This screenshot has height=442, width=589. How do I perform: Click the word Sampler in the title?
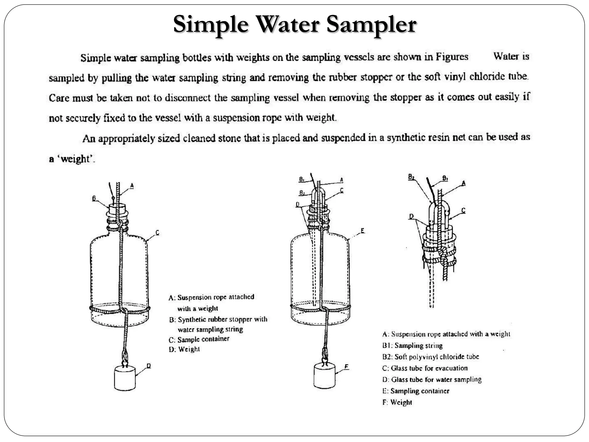pos(371,24)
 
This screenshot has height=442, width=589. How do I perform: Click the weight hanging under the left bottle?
pos(125,378)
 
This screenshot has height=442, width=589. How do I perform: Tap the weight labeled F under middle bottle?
pos(324,376)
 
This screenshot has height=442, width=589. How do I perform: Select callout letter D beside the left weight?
pos(149,366)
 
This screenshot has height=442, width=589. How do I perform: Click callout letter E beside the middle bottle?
pos(362,230)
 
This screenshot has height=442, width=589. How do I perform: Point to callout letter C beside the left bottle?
pos(157,233)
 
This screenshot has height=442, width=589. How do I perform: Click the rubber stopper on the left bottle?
pos(117,209)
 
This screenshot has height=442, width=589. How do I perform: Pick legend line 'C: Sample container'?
pos(199,339)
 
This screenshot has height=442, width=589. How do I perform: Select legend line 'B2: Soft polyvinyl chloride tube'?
pos(431,357)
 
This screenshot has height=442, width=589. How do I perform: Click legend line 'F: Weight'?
pos(397,402)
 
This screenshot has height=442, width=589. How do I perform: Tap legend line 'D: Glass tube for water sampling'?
pos(432,380)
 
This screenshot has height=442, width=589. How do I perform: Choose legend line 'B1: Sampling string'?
pos(412,346)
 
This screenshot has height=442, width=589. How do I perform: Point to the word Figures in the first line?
pos(452,57)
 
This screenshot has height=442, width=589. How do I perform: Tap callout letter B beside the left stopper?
pos(94,198)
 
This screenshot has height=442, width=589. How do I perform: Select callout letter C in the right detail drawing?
pos(463,211)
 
